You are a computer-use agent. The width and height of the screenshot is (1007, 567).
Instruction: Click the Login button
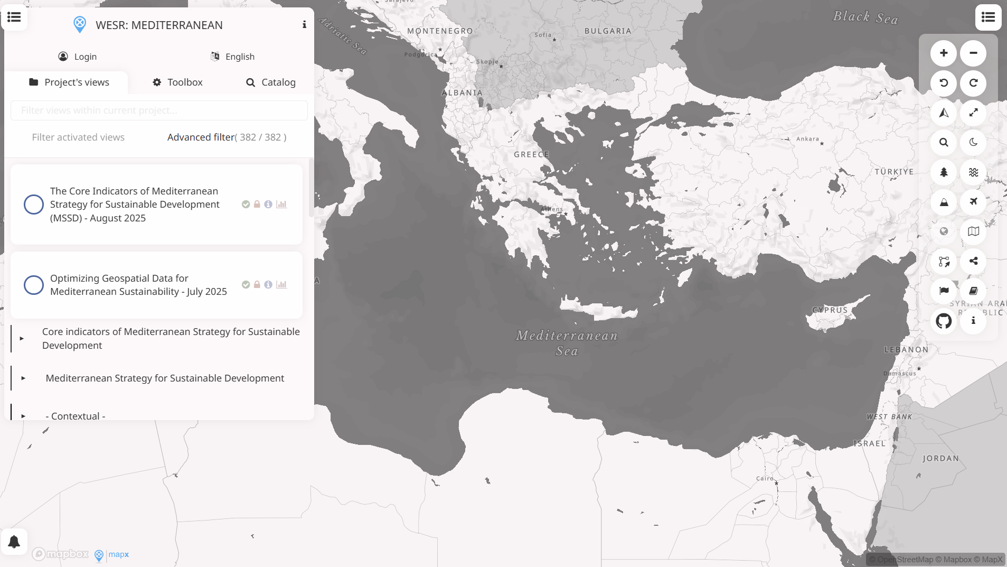(x=78, y=57)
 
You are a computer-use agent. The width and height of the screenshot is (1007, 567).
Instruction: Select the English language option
(x=233, y=57)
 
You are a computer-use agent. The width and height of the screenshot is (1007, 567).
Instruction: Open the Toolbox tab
(x=177, y=82)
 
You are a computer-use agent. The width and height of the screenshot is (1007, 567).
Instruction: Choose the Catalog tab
(x=271, y=82)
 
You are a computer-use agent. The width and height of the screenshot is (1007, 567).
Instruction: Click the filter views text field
(x=159, y=110)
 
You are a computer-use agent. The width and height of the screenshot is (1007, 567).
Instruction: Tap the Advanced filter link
(x=201, y=137)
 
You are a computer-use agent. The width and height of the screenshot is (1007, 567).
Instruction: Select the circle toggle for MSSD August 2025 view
(x=34, y=205)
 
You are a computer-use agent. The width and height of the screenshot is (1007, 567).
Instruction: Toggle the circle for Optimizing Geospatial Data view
(x=34, y=285)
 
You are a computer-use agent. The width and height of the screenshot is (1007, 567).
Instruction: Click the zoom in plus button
(x=944, y=53)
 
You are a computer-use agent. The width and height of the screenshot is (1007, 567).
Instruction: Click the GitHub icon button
(x=944, y=321)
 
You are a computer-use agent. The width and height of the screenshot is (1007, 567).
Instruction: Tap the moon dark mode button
(x=973, y=142)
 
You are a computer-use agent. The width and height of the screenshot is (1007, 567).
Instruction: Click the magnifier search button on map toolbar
(x=944, y=142)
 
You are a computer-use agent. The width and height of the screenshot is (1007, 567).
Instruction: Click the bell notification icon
(x=14, y=542)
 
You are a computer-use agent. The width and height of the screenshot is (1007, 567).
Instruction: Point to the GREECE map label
(x=531, y=155)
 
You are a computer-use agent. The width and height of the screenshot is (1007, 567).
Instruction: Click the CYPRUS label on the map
(x=830, y=310)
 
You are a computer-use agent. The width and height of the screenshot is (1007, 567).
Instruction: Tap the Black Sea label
(x=865, y=17)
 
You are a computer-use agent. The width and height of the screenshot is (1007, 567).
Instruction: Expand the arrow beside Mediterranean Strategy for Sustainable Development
(x=23, y=378)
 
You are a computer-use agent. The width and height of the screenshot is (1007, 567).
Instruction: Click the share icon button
(x=973, y=261)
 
